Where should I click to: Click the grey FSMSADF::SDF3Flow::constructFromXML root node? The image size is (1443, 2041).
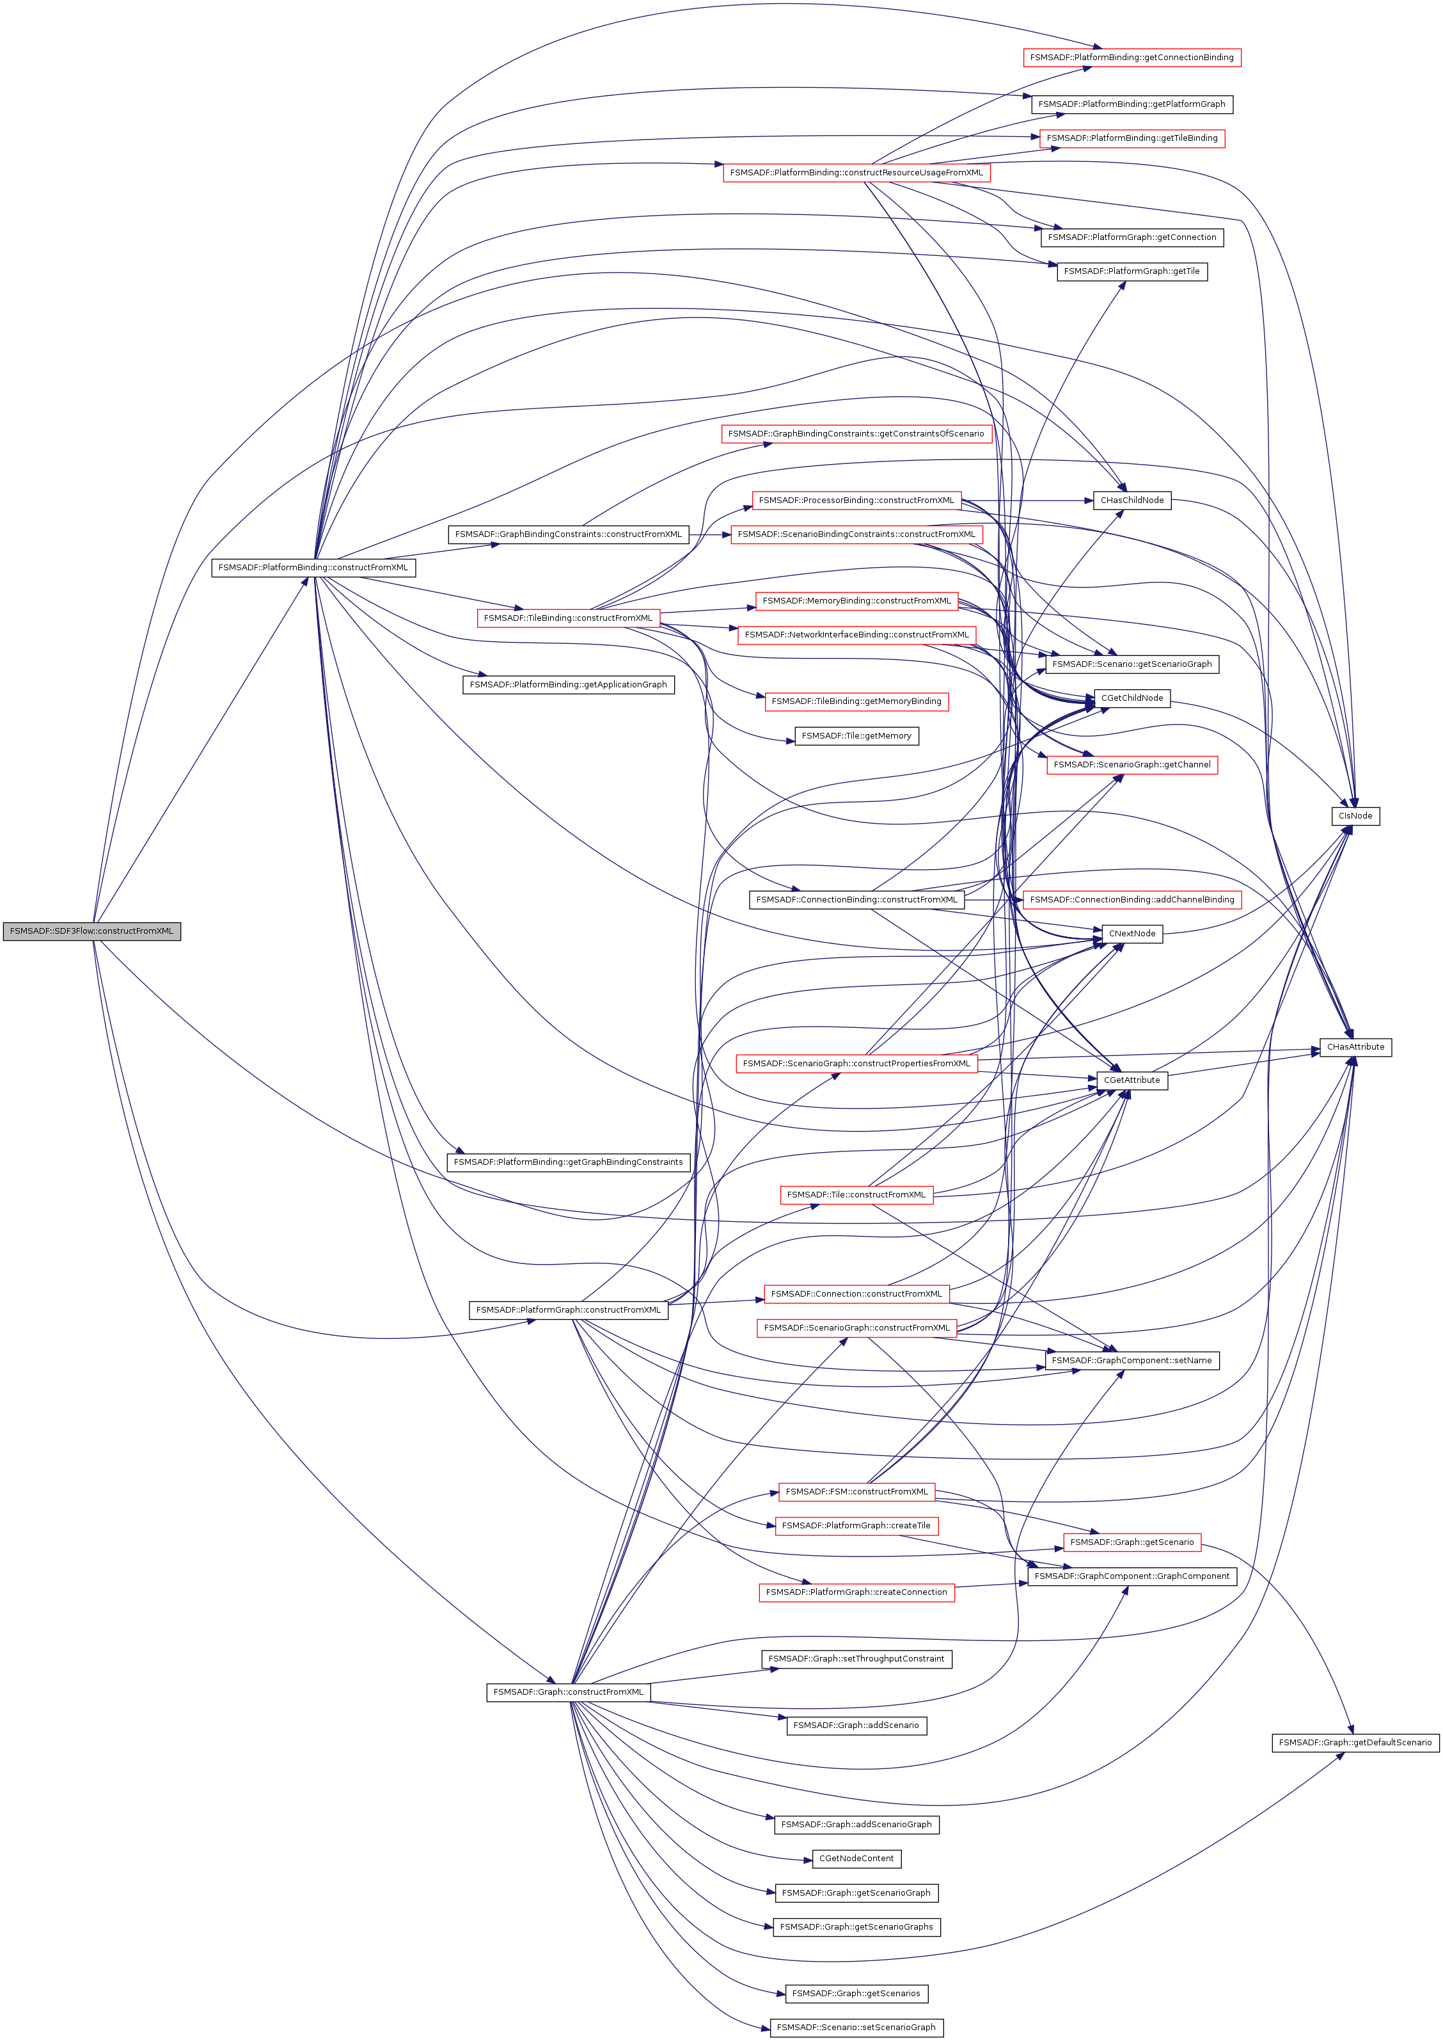pyautogui.click(x=91, y=931)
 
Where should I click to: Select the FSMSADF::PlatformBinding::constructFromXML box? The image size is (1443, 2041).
pyautogui.click(x=313, y=567)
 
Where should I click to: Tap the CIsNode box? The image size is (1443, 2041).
pyautogui.click(x=1355, y=815)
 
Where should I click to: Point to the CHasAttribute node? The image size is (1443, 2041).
pyautogui.click(x=1355, y=1046)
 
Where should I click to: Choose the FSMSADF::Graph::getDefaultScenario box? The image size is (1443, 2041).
pyautogui.click(x=1354, y=1742)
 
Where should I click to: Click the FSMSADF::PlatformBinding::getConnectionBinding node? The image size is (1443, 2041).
pyautogui.click(x=1131, y=57)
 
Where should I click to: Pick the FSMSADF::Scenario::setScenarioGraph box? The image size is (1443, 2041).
pyautogui.click(x=856, y=2027)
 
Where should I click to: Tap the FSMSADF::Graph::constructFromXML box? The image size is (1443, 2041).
pyautogui.click(x=568, y=1692)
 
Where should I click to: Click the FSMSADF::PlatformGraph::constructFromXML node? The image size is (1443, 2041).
pyautogui.click(x=568, y=1309)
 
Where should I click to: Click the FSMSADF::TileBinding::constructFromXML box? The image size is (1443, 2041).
pyautogui.click(x=568, y=618)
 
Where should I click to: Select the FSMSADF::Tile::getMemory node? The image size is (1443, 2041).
pyautogui.click(x=856, y=736)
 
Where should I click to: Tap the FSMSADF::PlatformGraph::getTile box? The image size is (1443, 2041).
pyautogui.click(x=1131, y=271)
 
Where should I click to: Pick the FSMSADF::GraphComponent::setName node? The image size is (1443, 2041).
pyautogui.click(x=1131, y=1360)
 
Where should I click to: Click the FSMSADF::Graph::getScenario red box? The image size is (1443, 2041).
pyautogui.click(x=1131, y=1542)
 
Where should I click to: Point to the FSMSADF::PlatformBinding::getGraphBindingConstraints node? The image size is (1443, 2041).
pyautogui.click(x=568, y=1162)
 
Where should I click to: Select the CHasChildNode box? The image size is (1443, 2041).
pyautogui.click(x=1131, y=500)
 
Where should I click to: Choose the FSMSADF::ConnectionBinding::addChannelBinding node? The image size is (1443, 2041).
pyautogui.click(x=1131, y=900)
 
